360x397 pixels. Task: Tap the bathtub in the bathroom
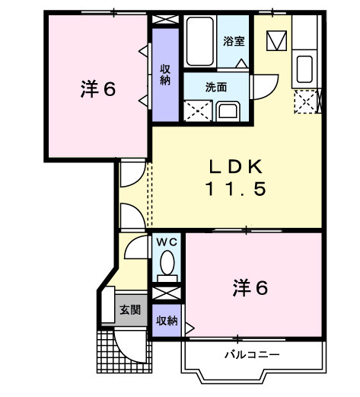(202, 42)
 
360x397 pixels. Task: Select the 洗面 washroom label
(216, 87)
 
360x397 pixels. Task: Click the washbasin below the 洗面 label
(229, 111)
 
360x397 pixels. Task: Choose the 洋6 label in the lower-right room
(250, 288)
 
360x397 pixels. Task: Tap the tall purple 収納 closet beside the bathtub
(164, 75)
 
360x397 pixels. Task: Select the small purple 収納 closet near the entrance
(167, 320)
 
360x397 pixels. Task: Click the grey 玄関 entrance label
(129, 310)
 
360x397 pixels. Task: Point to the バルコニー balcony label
(251, 355)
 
